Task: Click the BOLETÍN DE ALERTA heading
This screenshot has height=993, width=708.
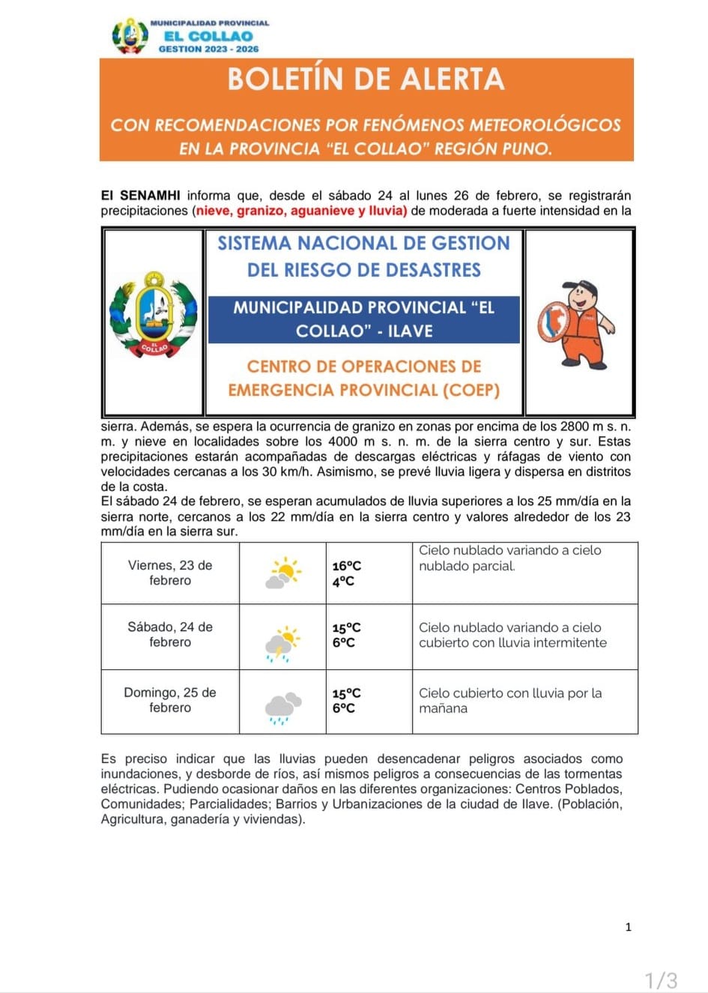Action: point(366,79)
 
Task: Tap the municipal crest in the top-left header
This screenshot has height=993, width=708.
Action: point(130,35)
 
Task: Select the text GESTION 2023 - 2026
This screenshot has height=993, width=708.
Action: point(208,49)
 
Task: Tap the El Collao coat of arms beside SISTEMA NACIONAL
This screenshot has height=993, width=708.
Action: point(154,315)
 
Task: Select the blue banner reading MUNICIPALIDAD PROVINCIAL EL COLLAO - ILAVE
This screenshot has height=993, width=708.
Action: point(364,319)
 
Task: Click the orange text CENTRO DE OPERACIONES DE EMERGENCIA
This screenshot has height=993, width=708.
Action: point(364,378)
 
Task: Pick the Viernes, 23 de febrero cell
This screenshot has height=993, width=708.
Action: point(170,573)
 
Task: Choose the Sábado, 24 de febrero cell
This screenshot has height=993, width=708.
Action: point(170,635)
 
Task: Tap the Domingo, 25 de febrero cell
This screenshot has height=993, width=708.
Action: point(170,700)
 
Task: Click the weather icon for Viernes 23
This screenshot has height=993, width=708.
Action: point(282,573)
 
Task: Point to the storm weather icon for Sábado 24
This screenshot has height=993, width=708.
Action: point(282,642)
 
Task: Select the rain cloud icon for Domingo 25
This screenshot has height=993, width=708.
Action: point(282,707)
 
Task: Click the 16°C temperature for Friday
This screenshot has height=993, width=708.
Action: point(347,567)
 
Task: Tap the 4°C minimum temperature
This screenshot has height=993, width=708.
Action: point(343,582)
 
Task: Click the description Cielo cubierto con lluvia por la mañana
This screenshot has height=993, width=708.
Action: point(510,701)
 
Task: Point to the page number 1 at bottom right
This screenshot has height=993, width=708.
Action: point(628,927)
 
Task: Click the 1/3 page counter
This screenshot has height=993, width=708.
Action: point(662,980)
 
